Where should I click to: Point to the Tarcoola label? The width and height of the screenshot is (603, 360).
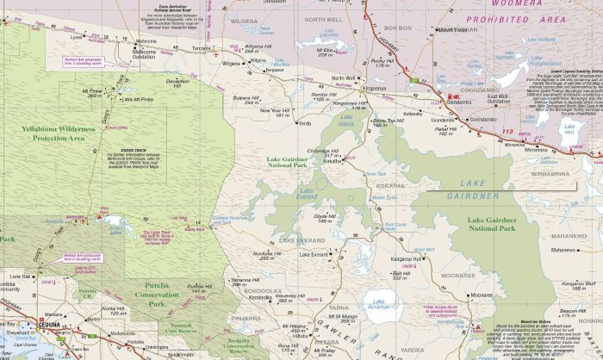pyautogui.click(x=200, y=49)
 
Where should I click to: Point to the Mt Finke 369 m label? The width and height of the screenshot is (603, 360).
pyautogui.click(x=92, y=93)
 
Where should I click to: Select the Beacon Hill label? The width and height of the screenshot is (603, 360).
pyautogui.click(x=572, y=310)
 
